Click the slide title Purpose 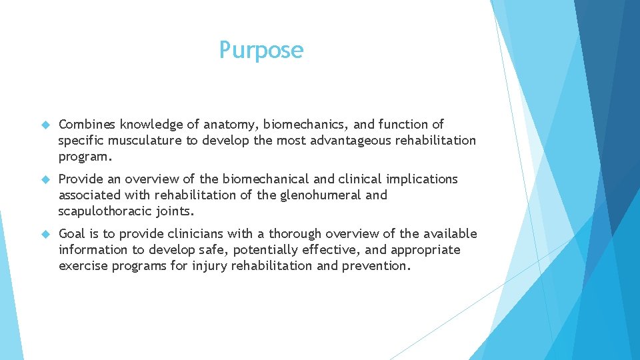(261, 50)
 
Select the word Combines (87, 125)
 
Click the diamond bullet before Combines (45, 125)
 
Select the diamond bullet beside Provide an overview (45, 179)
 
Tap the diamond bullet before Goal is (45, 234)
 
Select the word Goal (73, 234)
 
